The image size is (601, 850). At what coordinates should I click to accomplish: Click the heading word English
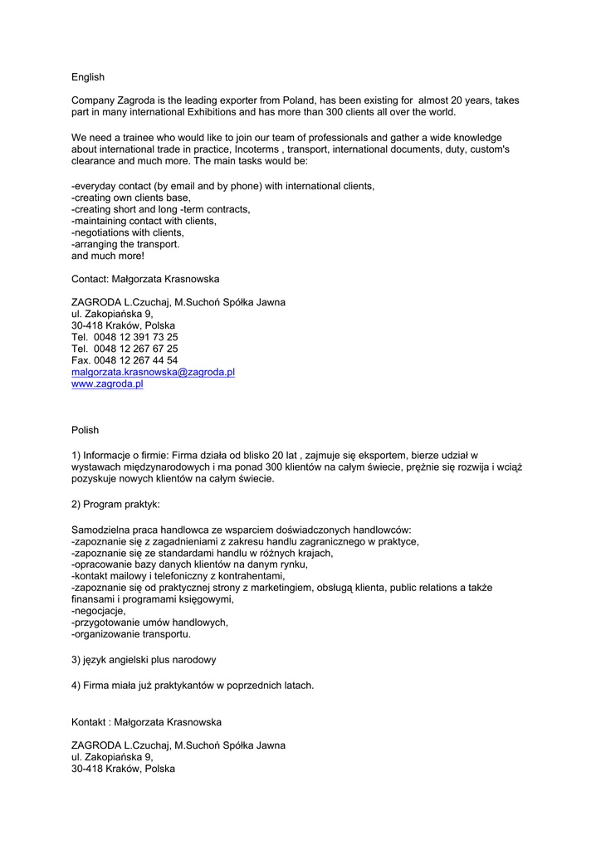pos(88,77)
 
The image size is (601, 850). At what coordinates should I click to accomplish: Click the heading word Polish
pos(85,430)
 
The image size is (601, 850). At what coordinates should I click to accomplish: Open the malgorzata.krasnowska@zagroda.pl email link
pos(153,373)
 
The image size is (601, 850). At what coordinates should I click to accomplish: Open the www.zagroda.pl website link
pos(107,384)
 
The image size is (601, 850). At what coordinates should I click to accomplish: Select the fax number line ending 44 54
pos(125,361)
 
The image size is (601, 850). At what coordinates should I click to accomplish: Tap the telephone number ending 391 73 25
pos(125,338)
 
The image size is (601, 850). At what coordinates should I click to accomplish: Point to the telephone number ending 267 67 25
pos(125,349)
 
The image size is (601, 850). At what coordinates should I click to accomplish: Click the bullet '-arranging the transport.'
pos(125,245)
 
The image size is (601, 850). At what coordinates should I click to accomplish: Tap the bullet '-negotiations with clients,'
pos(128,233)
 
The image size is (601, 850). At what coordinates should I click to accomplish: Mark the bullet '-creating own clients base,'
pos(131,198)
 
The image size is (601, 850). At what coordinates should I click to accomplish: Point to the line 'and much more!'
pos(108,256)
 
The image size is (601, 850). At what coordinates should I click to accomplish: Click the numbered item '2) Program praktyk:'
pos(115,505)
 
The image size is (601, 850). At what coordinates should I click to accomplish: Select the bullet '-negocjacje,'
pos(99,611)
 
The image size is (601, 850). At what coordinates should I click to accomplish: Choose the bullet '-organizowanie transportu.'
pos(131,634)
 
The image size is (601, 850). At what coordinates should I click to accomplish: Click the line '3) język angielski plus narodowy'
pos(144,660)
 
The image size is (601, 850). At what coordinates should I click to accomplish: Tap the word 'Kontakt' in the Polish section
pos(89,722)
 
